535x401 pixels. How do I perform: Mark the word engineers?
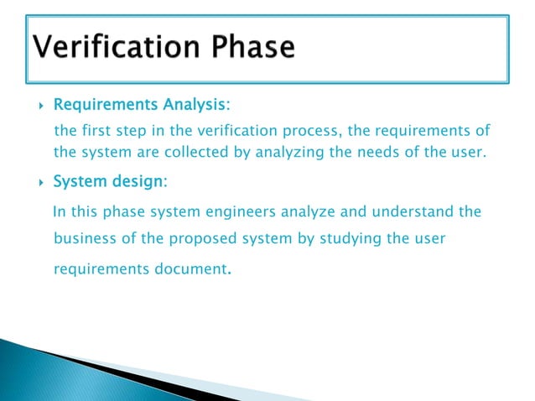206,211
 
